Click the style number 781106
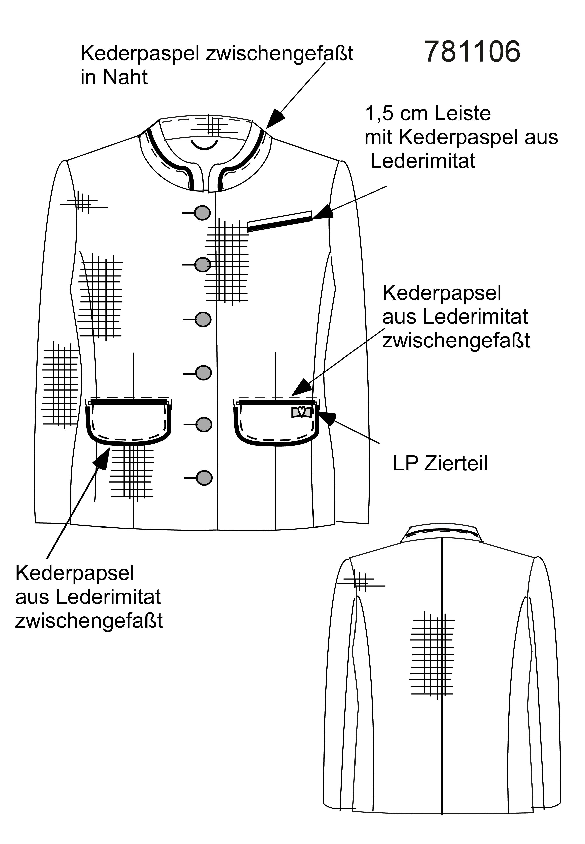(472, 52)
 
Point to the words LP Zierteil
(440, 464)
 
